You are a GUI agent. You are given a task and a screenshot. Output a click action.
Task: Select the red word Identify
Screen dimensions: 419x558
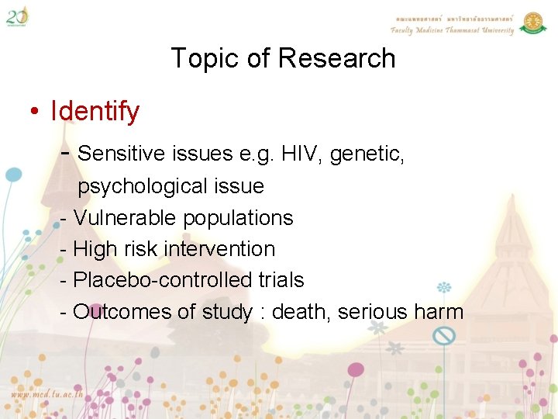95,111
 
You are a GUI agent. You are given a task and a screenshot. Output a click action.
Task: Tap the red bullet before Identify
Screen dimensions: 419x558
35,112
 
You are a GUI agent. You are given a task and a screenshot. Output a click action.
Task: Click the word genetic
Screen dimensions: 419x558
367,154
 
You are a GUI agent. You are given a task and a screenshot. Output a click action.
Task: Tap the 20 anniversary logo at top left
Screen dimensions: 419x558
18,16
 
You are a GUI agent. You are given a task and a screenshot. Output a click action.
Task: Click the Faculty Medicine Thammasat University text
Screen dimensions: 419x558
452,30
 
